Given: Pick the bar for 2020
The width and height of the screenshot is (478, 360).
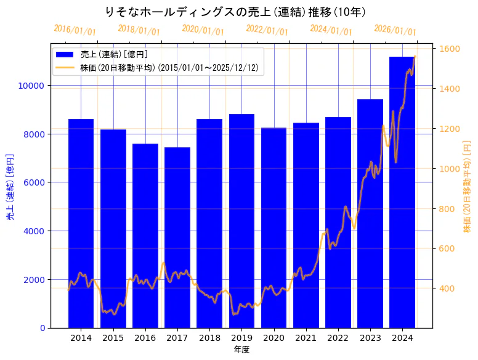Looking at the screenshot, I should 273,227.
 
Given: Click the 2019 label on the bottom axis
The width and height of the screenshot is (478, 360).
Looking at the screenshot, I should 241,338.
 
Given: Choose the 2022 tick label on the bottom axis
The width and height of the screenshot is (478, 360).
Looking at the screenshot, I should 338,338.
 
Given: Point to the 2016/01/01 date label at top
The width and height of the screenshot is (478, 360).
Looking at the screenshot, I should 75,30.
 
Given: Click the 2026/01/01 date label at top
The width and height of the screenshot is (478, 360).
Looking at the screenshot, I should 395,30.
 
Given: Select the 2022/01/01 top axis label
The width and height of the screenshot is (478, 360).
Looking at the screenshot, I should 267,30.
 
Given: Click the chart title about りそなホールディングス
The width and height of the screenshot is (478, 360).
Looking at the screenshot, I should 236,12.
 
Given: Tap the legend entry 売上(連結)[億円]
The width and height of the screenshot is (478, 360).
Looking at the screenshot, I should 114,55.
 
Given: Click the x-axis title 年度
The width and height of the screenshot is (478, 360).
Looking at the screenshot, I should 241,350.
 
